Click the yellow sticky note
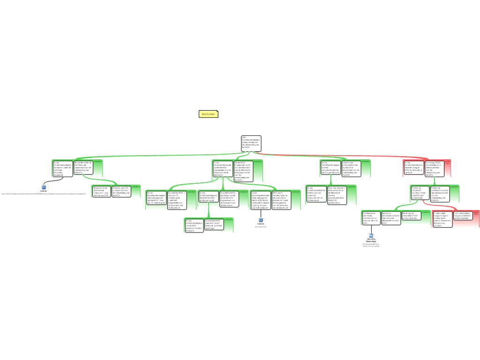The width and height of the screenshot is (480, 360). point(209,114)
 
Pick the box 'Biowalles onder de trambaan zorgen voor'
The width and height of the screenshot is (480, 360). point(101,191)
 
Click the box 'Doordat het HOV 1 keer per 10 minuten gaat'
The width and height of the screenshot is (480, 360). point(177,200)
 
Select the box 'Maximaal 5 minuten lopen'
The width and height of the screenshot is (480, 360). point(281,200)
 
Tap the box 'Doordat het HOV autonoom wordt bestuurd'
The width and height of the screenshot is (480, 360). point(213,224)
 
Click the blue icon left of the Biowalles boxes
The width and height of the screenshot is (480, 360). point(44,187)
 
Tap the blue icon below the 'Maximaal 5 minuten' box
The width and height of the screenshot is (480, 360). point(261,220)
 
